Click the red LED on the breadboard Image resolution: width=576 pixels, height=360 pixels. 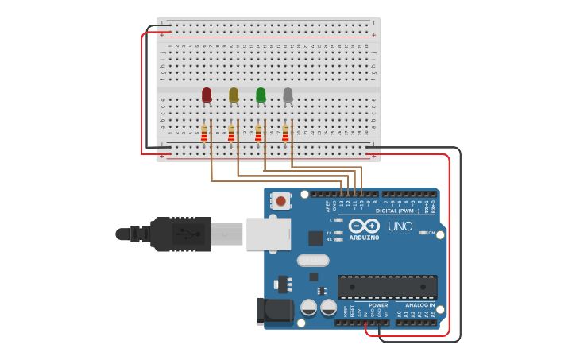[x=207, y=95]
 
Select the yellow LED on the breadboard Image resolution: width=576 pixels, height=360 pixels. [x=234, y=95]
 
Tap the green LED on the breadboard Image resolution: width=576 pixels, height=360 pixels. [x=261, y=95]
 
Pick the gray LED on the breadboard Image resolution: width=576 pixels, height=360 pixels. [x=288, y=95]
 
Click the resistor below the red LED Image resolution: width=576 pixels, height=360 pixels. [x=204, y=134]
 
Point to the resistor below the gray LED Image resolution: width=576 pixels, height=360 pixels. [x=285, y=134]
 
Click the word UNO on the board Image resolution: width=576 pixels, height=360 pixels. [x=400, y=226]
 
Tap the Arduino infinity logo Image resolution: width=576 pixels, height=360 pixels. [x=364, y=226]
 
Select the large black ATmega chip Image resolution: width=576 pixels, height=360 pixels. [x=387, y=287]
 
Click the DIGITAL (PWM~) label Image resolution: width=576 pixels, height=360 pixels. [x=399, y=211]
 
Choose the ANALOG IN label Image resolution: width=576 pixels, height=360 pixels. [x=420, y=305]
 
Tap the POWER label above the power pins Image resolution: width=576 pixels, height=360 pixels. [x=378, y=305]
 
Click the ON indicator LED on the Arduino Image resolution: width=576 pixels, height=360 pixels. [x=423, y=233]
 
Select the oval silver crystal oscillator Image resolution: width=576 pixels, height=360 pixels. [x=313, y=260]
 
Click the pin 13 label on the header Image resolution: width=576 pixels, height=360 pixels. [x=342, y=204]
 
